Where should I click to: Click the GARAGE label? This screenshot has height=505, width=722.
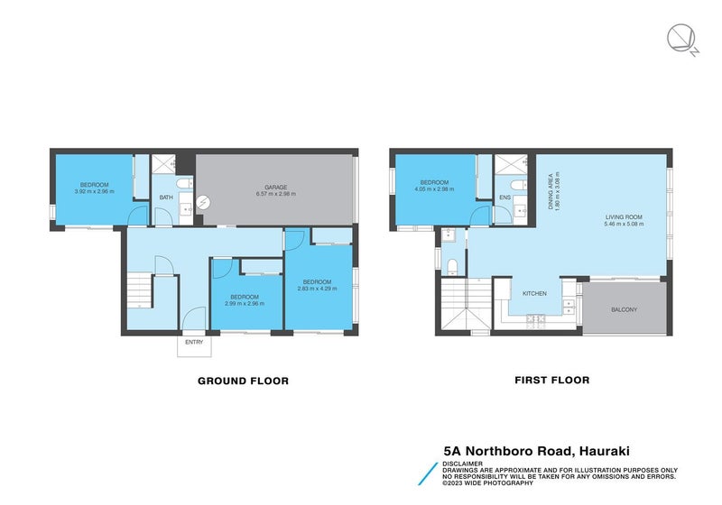pos(276,188)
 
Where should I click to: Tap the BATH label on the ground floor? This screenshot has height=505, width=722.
pos(166,197)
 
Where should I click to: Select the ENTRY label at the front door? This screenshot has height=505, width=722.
pos(194,343)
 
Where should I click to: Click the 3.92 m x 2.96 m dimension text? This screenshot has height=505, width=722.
pos(94,191)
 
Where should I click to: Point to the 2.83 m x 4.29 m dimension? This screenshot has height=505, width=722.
pos(319,289)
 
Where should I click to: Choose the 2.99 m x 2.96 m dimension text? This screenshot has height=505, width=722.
pos(244,304)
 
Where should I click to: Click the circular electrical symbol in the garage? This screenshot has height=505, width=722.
pos(204,203)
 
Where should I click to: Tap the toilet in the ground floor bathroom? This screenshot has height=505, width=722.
pos(184,185)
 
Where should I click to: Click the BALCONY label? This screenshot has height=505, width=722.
pos(623,310)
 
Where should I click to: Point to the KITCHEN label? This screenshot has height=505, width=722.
pos(534,293)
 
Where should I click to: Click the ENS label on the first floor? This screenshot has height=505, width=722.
pos(505,197)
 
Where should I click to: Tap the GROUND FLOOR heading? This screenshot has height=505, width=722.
pos(243,381)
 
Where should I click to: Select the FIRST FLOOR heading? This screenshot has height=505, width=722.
pos(551,381)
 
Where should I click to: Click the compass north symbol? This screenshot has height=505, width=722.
pos(680,38)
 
